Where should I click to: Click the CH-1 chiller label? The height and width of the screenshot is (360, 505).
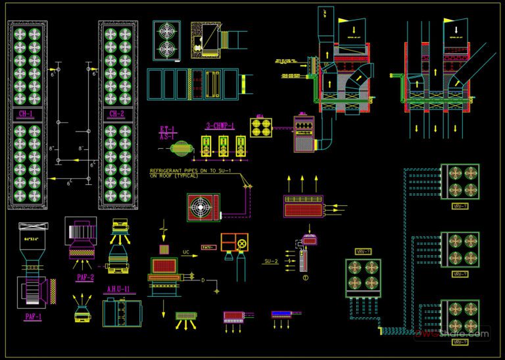pyautogui.click(x=27, y=114)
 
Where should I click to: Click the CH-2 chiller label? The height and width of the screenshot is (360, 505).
pyautogui.click(x=117, y=114)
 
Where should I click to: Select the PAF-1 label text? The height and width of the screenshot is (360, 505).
pyautogui.click(x=34, y=317)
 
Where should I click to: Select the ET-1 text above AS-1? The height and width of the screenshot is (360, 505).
pyautogui.click(x=168, y=129)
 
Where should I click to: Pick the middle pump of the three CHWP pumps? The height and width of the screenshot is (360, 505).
pyautogui.click(x=225, y=147)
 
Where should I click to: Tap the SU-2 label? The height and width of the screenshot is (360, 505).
pyautogui.click(x=272, y=261)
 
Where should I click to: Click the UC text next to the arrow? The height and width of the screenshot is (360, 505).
pyautogui.click(x=186, y=252)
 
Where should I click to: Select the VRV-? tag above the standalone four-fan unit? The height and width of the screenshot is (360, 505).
pyautogui.click(x=363, y=251)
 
